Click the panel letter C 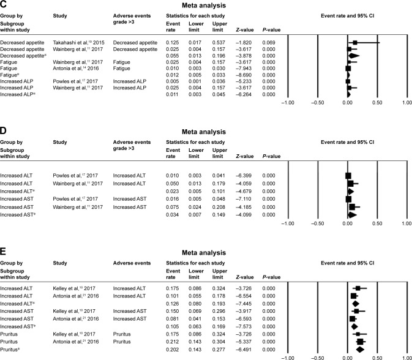coord(4,4)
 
